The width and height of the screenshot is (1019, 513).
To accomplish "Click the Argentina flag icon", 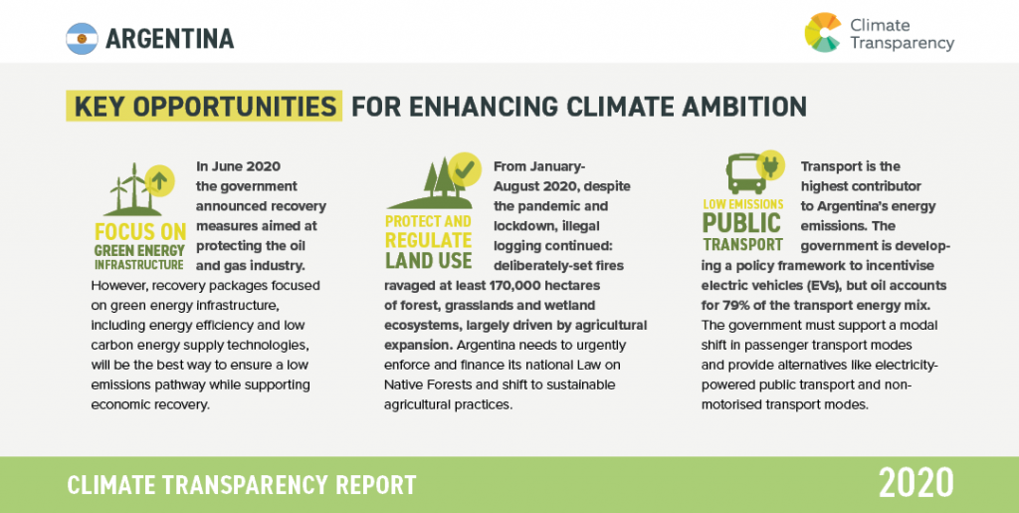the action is [x=82, y=39].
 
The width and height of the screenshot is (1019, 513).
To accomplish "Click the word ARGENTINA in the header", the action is [x=169, y=39].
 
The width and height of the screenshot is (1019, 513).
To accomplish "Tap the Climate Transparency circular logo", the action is [x=823, y=32].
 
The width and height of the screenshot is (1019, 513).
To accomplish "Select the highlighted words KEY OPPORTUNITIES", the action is [x=205, y=106].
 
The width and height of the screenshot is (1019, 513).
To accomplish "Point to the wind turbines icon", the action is [x=133, y=189].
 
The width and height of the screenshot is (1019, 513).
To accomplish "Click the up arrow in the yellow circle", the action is [x=160, y=180].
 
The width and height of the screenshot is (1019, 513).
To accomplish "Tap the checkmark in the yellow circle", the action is [x=465, y=168].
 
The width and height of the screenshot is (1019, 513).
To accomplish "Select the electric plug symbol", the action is [x=771, y=165].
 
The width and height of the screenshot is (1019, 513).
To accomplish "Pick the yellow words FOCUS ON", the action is [x=140, y=232].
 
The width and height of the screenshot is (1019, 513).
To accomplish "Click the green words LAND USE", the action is [x=428, y=260].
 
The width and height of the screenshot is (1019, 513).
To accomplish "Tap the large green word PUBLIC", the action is [x=741, y=223].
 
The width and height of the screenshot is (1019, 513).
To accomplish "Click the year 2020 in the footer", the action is [x=917, y=483].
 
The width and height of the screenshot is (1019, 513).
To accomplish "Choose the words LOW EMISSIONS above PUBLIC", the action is [x=742, y=204].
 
